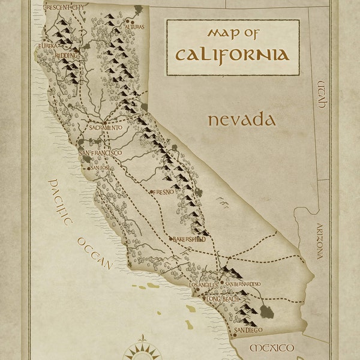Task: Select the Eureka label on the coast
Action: point(48,46)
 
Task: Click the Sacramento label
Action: point(106,128)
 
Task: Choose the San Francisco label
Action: point(101,153)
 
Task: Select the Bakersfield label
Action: point(189,239)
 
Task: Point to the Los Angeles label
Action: point(205,284)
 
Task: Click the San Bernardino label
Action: point(243,283)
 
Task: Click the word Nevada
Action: point(242,120)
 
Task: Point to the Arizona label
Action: point(320,241)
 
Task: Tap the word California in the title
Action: point(232,55)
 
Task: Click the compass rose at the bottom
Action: point(142,350)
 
